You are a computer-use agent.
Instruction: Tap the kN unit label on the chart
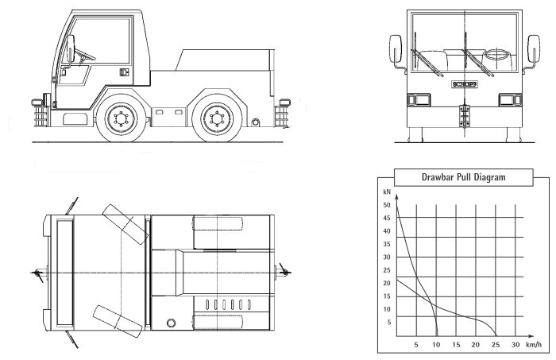point(387,192)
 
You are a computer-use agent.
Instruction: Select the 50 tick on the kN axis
point(387,205)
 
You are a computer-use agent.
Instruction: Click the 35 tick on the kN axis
point(387,244)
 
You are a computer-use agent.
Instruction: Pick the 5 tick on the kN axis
point(389,322)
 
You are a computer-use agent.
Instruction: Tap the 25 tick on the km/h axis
point(496,344)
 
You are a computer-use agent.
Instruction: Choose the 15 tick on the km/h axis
point(456,344)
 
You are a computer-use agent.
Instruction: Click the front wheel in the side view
point(121,119)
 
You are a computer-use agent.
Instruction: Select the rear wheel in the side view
point(214,119)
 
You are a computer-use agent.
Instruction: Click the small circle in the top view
point(171,323)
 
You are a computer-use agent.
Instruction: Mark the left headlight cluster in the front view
point(414,99)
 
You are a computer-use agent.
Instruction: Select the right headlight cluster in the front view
point(508,99)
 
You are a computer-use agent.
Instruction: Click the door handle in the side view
point(123,72)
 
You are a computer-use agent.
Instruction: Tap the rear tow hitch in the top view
point(281,273)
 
